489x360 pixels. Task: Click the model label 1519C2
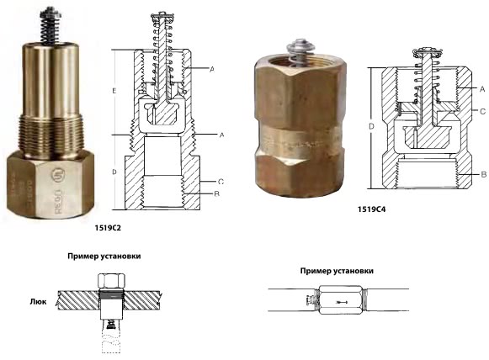point(108,228)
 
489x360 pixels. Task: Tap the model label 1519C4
point(371,209)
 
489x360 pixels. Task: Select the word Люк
point(39,302)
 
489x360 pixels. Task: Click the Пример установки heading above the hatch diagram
point(104,257)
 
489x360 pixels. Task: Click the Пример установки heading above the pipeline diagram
point(337,271)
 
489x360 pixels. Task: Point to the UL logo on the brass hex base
point(57,175)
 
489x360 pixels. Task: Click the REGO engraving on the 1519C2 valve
point(58,201)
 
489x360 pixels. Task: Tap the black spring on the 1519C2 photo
point(50,29)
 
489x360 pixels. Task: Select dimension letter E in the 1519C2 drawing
point(114,91)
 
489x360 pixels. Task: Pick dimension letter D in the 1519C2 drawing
point(114,172)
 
